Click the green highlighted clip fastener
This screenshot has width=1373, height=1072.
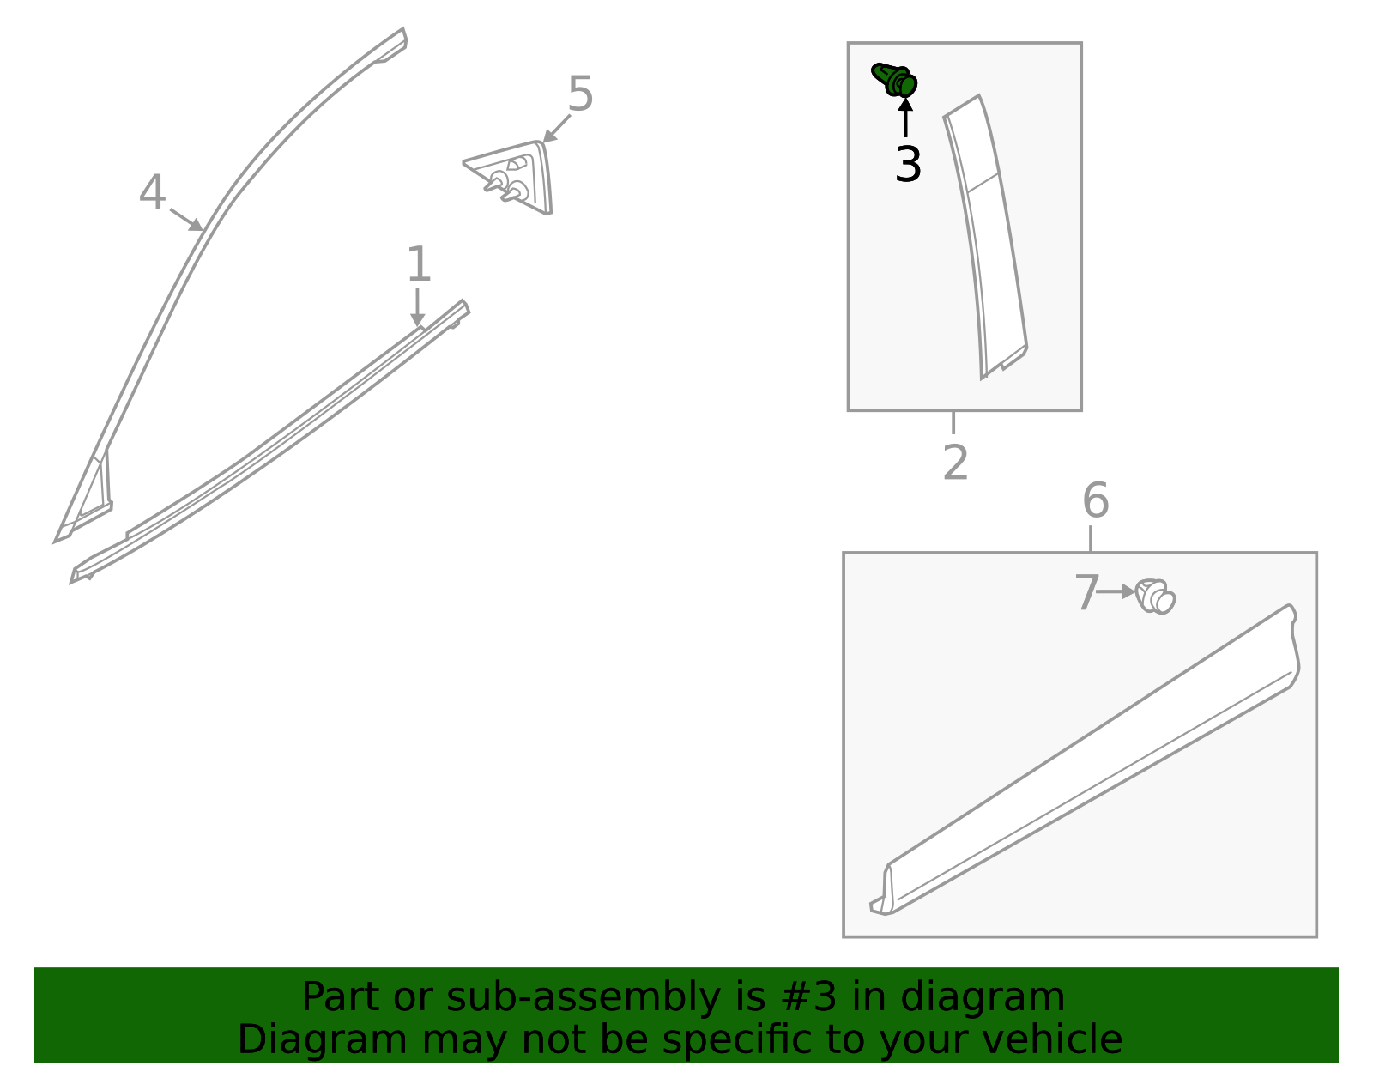pyautogui.click(x=895, y=80)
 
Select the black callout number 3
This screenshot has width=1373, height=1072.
pyautogui.click(x=907, y=165)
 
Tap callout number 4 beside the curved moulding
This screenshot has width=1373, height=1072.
pyautogui.click(x=152, y=193)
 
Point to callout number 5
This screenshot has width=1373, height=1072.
pyautogui.click(x=580, y=94)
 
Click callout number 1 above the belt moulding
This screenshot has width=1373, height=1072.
pyautogui.click(x=418, y=264)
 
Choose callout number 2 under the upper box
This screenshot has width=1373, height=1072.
pyautogui.click(x=955, y=463)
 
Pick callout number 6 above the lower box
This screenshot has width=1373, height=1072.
pyautogui.click(x=1095, y=500)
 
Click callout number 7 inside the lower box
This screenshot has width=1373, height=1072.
pyautogui.click(x=1086, y=593)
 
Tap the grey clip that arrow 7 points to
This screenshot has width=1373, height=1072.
pyautogui.click(x=1155, y=597)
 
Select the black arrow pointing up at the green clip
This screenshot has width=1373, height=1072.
pyautogui.click(x=905, y=118)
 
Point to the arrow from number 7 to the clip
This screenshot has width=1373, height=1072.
pyautogui.click(x=1116, y=591)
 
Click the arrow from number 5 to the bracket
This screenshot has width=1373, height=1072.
pyautogui.click(x=556, y=129)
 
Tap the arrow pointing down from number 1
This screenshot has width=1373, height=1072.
pyautogui.click(x=417, y=307)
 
